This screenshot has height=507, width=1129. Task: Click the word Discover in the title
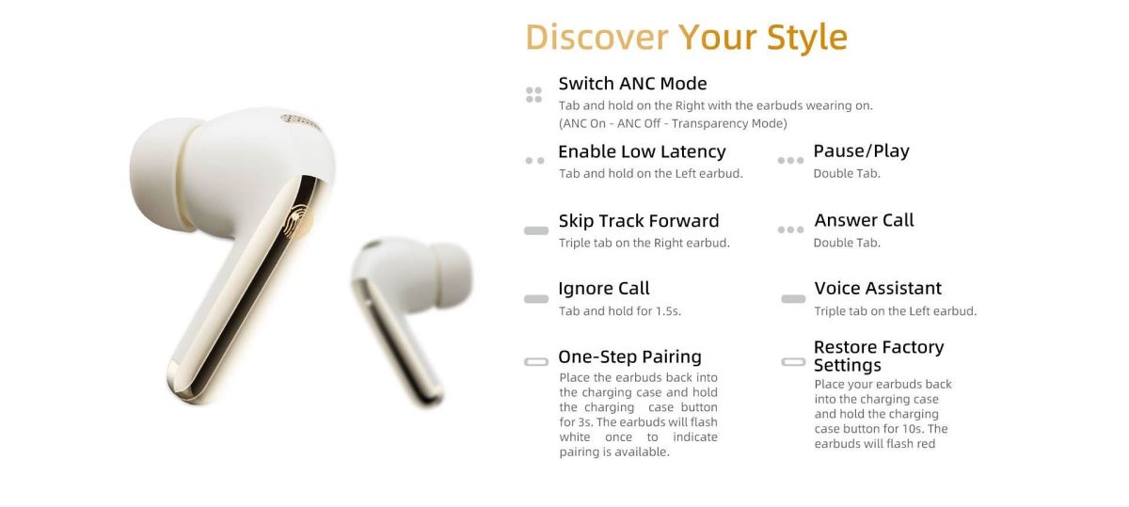pos(596,37)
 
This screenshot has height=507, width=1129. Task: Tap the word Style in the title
pos(807,39)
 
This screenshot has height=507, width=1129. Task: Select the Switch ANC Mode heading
pos(632,83)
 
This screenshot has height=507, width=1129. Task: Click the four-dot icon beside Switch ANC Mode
pos(533,95)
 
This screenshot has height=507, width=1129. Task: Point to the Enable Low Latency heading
pos(642,151)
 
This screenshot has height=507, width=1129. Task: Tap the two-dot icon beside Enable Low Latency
pos(534,161)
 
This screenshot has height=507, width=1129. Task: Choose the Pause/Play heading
pos(862,151)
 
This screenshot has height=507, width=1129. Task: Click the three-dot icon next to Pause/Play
pos(790,161)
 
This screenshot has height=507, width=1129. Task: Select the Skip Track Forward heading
pos(639,221)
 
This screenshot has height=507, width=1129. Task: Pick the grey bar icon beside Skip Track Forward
pos(536,230)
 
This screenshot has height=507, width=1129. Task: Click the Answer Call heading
pos(864,220)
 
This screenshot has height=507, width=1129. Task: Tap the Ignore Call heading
pos(604,288)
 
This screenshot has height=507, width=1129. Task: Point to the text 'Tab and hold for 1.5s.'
pos(620,311)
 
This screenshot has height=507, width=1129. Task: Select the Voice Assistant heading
pos(878,288)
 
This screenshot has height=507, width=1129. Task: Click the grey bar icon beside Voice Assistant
pos(793,299)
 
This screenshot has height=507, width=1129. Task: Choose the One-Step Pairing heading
pos(630,356)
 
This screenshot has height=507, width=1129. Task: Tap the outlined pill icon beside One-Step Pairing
pos(536,362)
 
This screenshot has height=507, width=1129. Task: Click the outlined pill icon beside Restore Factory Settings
pos(793,362)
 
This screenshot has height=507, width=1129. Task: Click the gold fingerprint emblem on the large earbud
pos(298,221)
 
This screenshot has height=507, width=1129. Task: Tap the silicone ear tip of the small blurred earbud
pos(453,274)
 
